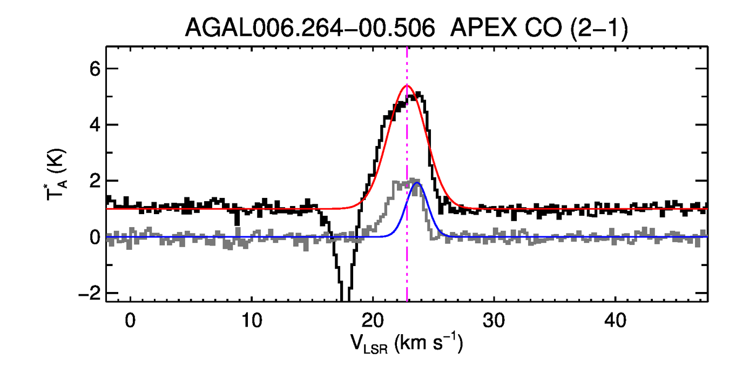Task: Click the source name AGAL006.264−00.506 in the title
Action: point(310,28)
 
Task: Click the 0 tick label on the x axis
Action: point(130,321)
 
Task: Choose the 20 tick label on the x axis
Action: point(373,321)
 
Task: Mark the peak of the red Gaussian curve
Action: point(407,85)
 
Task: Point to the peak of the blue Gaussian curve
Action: point(417,183)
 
